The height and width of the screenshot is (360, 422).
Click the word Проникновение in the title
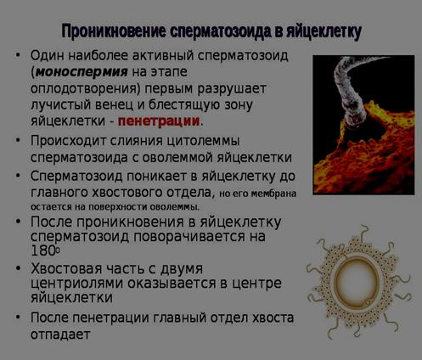pyautogui.click(x=114, y=31)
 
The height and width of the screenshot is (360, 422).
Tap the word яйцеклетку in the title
pyautogui.click(x=324, y=31)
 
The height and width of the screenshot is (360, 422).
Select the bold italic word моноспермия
pyautogui.click(x=82, y=72)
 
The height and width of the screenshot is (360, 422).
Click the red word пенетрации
pyautogui.click(x=159, y=121)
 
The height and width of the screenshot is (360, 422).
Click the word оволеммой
pyautogui.click(x=177, y=158)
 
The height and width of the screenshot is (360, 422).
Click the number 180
pyautogui.click(x=44, y=250)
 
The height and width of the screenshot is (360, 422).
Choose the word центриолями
pyautogui.click(x=76, y=284)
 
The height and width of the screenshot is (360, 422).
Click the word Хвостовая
pyautogui.click(x=66, y=268)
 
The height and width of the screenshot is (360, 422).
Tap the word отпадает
pyautogui.click(x=60, y=335)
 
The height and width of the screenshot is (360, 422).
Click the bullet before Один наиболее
pyautogui.click(x=18, y=54)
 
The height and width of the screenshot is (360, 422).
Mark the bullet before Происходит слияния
pyautogui.click(x=18, y=139)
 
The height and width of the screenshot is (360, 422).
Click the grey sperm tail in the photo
pyautogui.click(x=351, y=91)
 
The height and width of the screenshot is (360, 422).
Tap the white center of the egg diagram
pyautogui.click(x=357, y=278)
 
